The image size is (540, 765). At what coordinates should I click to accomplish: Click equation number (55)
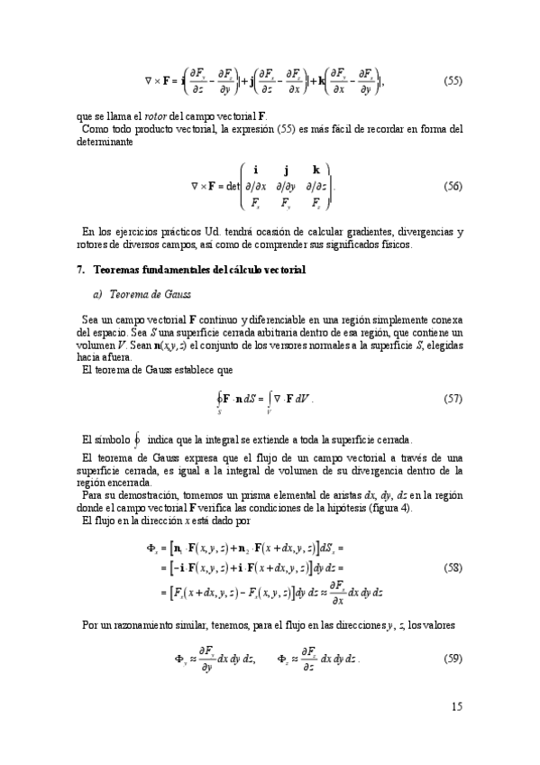pyautogui.click(x=453, y=81)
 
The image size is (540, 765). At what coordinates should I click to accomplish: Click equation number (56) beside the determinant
pyautogui.click(x=453, y=187)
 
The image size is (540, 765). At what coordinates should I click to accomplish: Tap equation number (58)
pyautogui.click(x=453, y=569)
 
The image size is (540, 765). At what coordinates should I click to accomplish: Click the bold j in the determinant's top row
pyautogui.click(x=286, y=170)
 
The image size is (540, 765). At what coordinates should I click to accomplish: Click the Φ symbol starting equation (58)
pyautogui.click(x=151, y=548)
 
